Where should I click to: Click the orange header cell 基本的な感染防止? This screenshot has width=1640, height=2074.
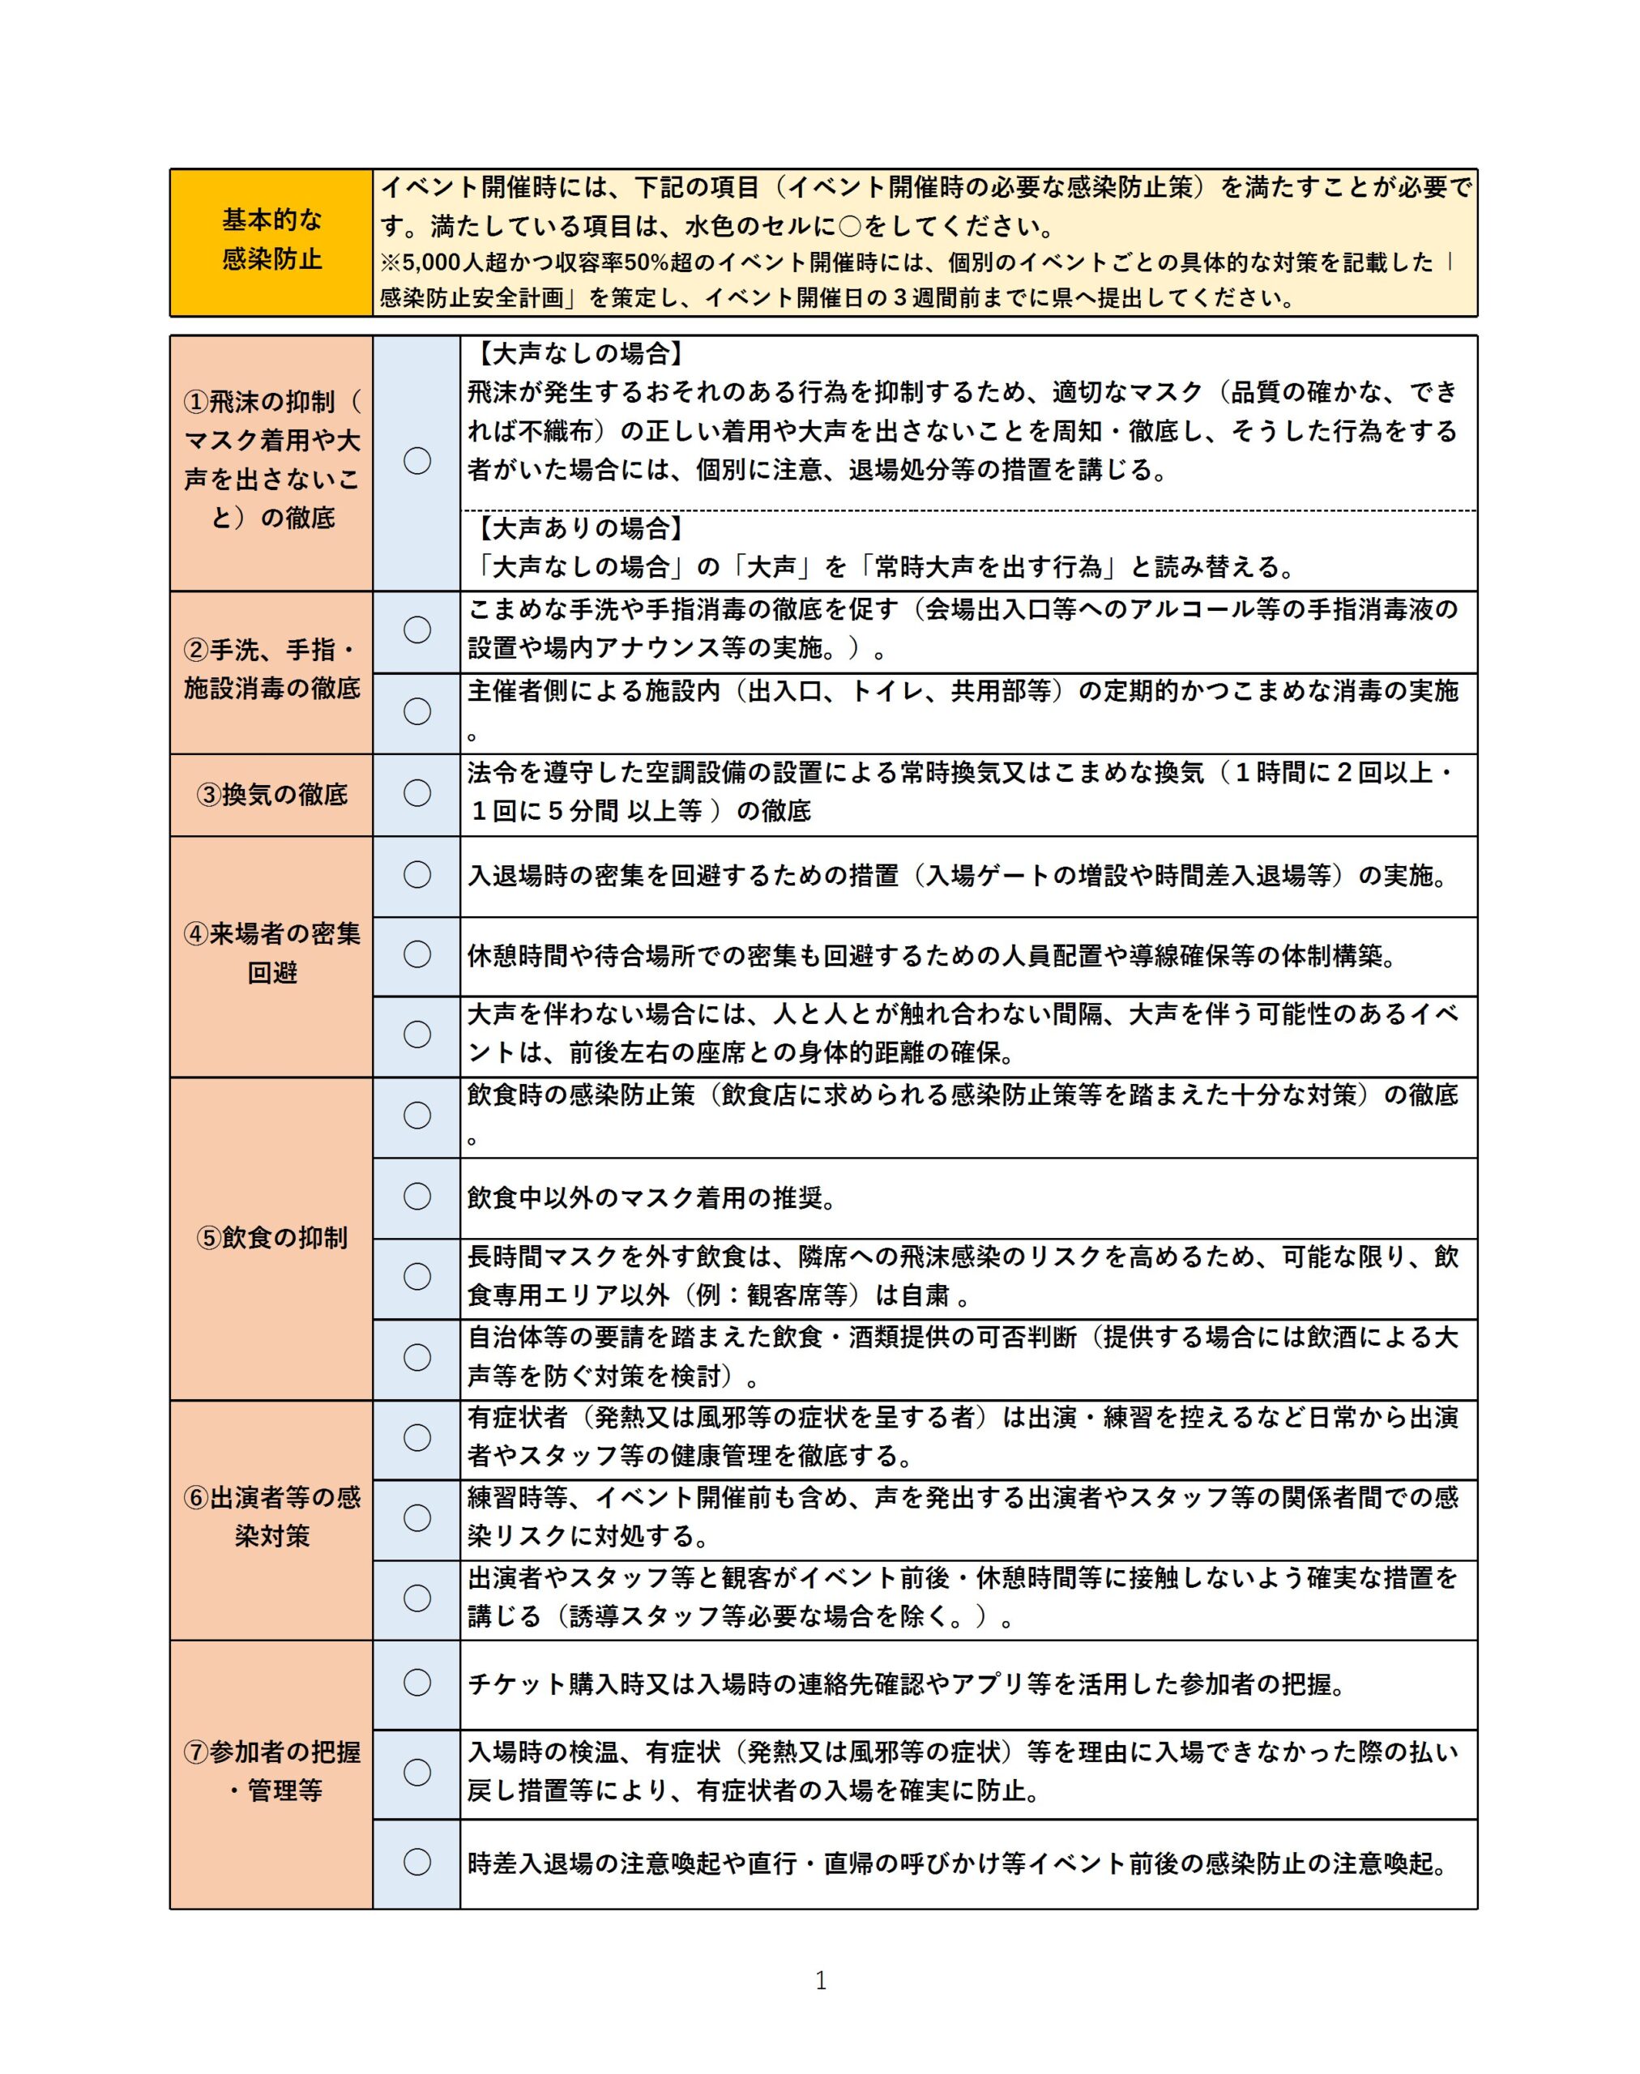click(271, 240)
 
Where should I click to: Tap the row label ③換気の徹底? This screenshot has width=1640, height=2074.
click(271, 795)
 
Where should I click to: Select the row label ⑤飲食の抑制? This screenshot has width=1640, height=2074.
click(271, 1238)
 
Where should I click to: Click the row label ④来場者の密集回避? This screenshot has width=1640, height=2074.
click(271, 954)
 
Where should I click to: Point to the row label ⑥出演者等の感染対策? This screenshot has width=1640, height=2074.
click(271, 1517)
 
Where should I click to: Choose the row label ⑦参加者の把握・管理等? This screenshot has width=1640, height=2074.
click(271, 1772)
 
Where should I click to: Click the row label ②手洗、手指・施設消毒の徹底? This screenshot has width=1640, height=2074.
click(271, 669)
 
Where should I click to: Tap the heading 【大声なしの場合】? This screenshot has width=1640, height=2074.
click(580, 354)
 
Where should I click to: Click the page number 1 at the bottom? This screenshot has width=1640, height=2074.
click(820, 1980)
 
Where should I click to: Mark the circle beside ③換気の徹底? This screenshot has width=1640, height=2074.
click(416, 793)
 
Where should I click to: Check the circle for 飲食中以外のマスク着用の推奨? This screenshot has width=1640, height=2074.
click(416, 1197)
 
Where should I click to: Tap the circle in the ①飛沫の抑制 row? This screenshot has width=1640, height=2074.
click(416, 461)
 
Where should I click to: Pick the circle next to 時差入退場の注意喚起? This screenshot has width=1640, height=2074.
click(416, 1862)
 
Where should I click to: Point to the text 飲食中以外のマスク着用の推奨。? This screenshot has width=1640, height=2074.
click(652, 1198)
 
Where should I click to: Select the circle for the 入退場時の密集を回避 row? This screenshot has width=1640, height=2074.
click(416, 875)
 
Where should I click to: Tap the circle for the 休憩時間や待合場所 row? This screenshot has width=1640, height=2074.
click(416, 954)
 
